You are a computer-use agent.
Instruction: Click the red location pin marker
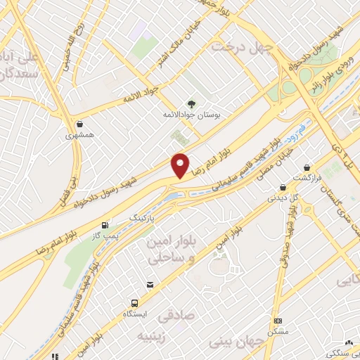pos(181,165)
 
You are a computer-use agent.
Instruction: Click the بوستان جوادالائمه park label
pos(191,117)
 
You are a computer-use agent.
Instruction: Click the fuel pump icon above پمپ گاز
pos(105,226)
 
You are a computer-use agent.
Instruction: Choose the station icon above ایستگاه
pos(148,284)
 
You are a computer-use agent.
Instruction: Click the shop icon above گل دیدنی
pos(282,187)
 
